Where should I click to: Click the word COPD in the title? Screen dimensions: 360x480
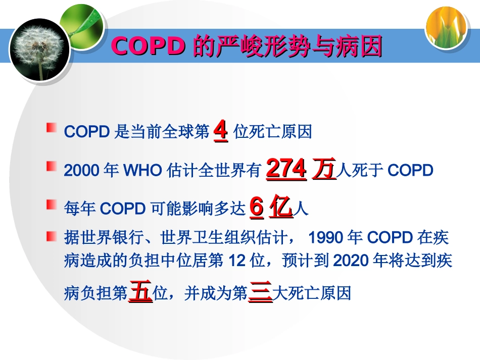(149, 46)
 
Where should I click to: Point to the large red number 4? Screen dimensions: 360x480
(221, 131)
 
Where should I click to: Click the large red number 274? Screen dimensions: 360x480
(286, 169)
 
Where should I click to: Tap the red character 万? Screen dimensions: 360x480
(324, 169)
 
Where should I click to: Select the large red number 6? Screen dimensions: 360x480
(257, 208)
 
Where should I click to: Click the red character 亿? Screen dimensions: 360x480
(281, 208)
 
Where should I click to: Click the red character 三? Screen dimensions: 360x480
(261, 293)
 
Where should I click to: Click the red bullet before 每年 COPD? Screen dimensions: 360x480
(51, 204)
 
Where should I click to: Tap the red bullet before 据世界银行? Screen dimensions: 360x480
(51, 235)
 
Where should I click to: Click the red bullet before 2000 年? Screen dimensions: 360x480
(51, 166)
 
